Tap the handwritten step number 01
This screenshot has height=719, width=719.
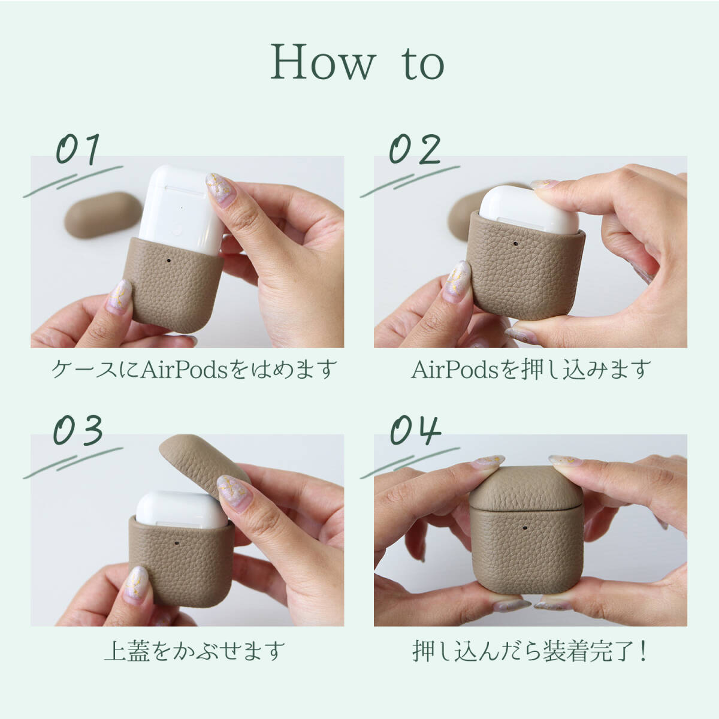(78, 149)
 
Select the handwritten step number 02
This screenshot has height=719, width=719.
(415, 149)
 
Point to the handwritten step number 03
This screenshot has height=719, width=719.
(78, 430)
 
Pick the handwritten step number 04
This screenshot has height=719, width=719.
(415, 430)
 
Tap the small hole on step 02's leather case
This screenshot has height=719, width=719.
(516, 244)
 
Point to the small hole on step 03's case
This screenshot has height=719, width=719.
(177, 543)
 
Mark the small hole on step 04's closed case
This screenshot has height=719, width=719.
(525, 528)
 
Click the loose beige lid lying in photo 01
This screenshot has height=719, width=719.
(102, 215)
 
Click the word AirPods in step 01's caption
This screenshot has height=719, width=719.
(185, 370)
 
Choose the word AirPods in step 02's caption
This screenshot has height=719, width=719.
(455, 370)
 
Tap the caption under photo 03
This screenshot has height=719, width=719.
(194, 651)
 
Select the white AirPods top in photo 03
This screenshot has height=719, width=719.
(182, 510)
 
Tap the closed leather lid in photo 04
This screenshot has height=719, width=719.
(526, 487)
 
